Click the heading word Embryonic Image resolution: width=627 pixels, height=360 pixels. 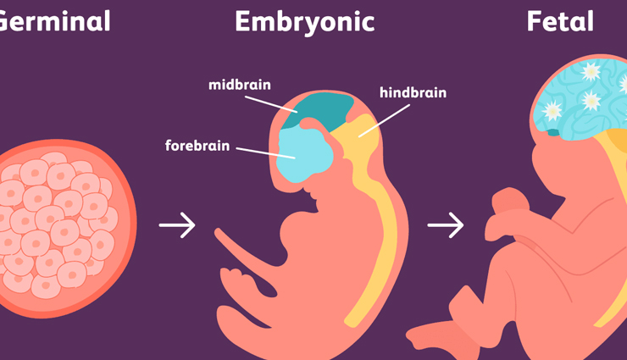[x=304, y=21]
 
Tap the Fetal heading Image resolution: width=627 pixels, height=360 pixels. [x=560, y=21]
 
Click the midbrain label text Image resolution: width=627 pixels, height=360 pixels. [x=240, y=86]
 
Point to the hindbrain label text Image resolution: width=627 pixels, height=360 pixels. [x=413, y=92]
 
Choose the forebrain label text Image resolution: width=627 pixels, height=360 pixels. [x=197, y=146]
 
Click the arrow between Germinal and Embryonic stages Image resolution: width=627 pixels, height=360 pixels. [x=177, y=225]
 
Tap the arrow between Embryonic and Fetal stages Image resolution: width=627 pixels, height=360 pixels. [x=446, y=225]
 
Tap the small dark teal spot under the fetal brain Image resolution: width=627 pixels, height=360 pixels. [x=553, y=132]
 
